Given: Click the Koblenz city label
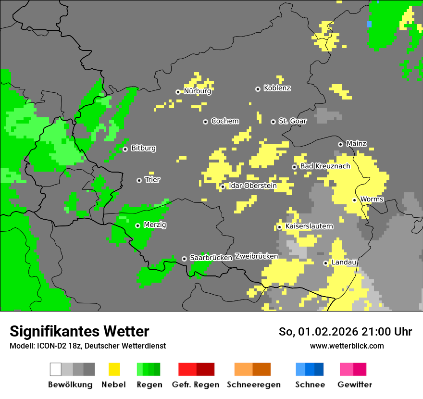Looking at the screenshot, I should tap(277, 88).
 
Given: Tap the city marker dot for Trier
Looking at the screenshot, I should tap(139, 180).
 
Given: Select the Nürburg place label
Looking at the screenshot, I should tap(198, 91).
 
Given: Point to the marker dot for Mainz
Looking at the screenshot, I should tap(340, 144).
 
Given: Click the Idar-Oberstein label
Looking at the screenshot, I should tap(252, 186).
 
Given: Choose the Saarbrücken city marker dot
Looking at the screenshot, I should tap(184, 259).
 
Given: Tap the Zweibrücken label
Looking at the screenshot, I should tap(256, 256).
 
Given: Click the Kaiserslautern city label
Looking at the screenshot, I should tap(309, 226).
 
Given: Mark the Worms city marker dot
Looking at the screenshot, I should tap(354, 200).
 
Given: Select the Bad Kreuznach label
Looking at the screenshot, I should tap(325, 166).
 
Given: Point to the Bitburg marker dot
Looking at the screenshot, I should tap(125, 149).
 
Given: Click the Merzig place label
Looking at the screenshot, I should tap(155, 224).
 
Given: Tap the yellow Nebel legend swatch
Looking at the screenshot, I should tap(114, 369).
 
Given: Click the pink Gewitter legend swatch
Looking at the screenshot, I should tap(347, 369).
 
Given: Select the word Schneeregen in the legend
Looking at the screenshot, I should tap(254, 385).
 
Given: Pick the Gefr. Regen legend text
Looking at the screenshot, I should tap(196, 385).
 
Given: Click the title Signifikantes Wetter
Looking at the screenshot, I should tap(79, 331).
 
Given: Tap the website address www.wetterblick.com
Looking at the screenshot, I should tap(347, 346).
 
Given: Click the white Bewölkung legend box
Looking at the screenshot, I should tap(56, 369).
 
